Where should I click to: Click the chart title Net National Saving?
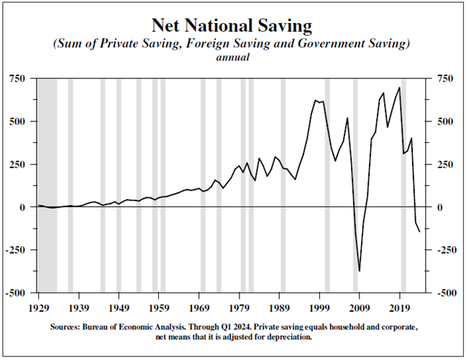232,27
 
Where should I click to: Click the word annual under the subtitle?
232,58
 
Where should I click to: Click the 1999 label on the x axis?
320,306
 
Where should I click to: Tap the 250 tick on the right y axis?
442,165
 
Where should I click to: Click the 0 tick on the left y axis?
24,208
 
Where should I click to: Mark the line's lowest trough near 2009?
360,272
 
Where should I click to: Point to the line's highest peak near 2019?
399,88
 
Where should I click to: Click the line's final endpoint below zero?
419,231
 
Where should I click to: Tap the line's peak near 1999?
316,101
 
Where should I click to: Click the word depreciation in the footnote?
283,336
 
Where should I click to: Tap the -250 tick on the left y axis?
19,250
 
